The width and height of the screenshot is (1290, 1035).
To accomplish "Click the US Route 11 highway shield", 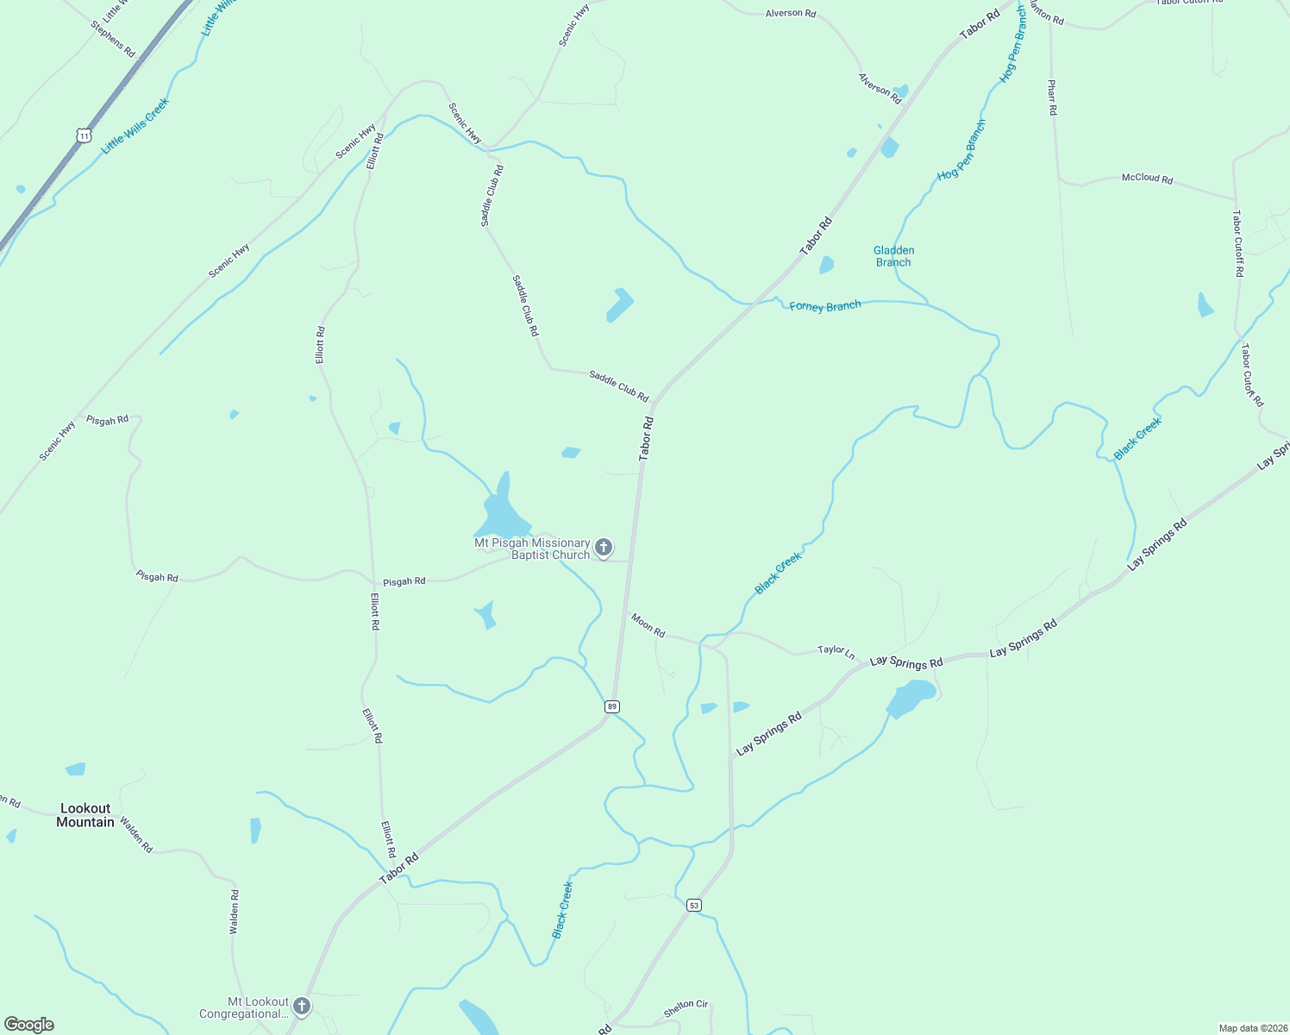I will (x=83, y=135).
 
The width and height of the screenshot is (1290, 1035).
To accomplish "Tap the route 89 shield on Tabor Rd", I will (x=612, y=706).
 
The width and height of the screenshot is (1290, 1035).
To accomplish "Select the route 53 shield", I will (x=694, y=905).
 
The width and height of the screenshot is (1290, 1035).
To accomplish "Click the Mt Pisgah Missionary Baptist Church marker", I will (x=604, y=547).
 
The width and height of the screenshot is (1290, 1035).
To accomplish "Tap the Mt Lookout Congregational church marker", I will (x=301, y=1006).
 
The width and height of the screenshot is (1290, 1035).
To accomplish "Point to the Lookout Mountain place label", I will (x=85, y=815).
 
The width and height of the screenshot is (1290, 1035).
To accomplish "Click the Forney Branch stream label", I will (x=824, y=306).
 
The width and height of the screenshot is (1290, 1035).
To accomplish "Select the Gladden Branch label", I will (x=893, y=256).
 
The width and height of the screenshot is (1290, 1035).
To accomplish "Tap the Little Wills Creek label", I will (x=135, y=126).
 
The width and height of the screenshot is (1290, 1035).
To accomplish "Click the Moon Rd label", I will (x=648, y=625).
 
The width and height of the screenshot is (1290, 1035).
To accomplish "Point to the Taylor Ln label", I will (x=836, y=652).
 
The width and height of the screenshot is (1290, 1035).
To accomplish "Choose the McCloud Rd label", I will (x=1147, y=179).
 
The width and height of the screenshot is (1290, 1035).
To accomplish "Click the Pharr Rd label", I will (x=1052, y=97).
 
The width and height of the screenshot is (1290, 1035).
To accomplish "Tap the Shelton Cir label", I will (x=686, y=1007).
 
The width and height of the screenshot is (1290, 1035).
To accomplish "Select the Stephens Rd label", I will (x=113, y=39).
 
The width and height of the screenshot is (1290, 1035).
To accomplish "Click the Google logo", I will (x=29, y=1025).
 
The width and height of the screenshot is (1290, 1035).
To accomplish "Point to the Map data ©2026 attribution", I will (x=1252, y=1028).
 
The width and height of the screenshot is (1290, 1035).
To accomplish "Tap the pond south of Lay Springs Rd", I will (x=910, y=697).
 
